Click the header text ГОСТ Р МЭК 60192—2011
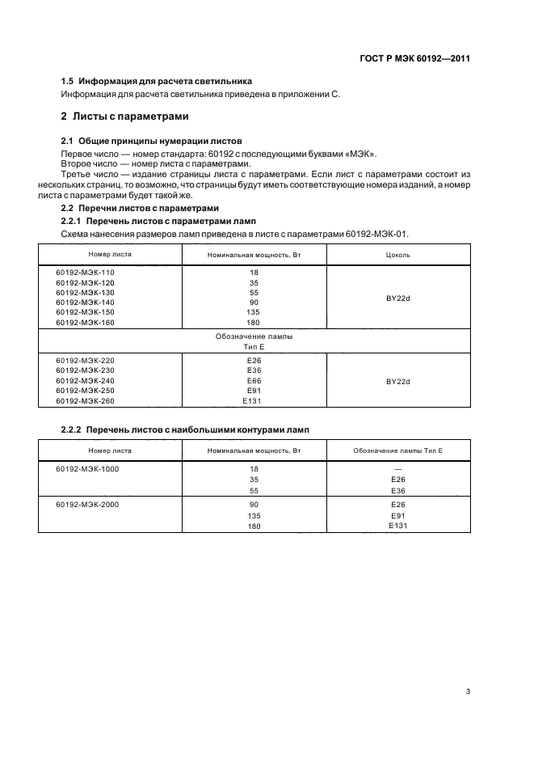[x=414, y=59]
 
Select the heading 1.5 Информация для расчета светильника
[x=157, y=82]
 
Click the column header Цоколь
[x=398, y=254]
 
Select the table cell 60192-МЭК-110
[x=85, y=273]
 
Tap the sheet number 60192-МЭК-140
[x=85, y=302]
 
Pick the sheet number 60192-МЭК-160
[x=85, y=322]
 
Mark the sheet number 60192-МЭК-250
[x=85, y=390]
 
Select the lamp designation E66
[x=253, y=380]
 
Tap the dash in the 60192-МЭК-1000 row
[x=397, y=468]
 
